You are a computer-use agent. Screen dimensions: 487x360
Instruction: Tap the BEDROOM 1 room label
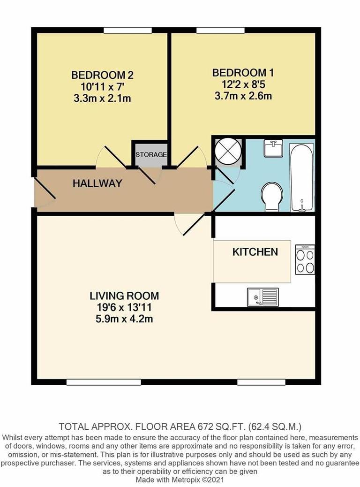point(243,73)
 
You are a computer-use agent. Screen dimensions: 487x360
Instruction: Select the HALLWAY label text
point(97,183)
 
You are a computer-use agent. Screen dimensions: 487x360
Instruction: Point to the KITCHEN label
point(255,252)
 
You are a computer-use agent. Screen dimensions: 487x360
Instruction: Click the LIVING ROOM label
point(124,296)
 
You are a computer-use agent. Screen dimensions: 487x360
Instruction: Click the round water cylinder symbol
point(228,152)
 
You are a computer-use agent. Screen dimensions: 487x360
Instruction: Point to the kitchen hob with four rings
point(305,259)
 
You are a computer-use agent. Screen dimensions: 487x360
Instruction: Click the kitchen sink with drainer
point(262,297)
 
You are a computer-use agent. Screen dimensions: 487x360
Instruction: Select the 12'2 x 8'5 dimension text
point(243,84)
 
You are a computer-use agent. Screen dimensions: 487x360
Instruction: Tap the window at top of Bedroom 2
point(127,30)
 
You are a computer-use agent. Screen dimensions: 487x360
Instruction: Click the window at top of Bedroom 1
point(220,30)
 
